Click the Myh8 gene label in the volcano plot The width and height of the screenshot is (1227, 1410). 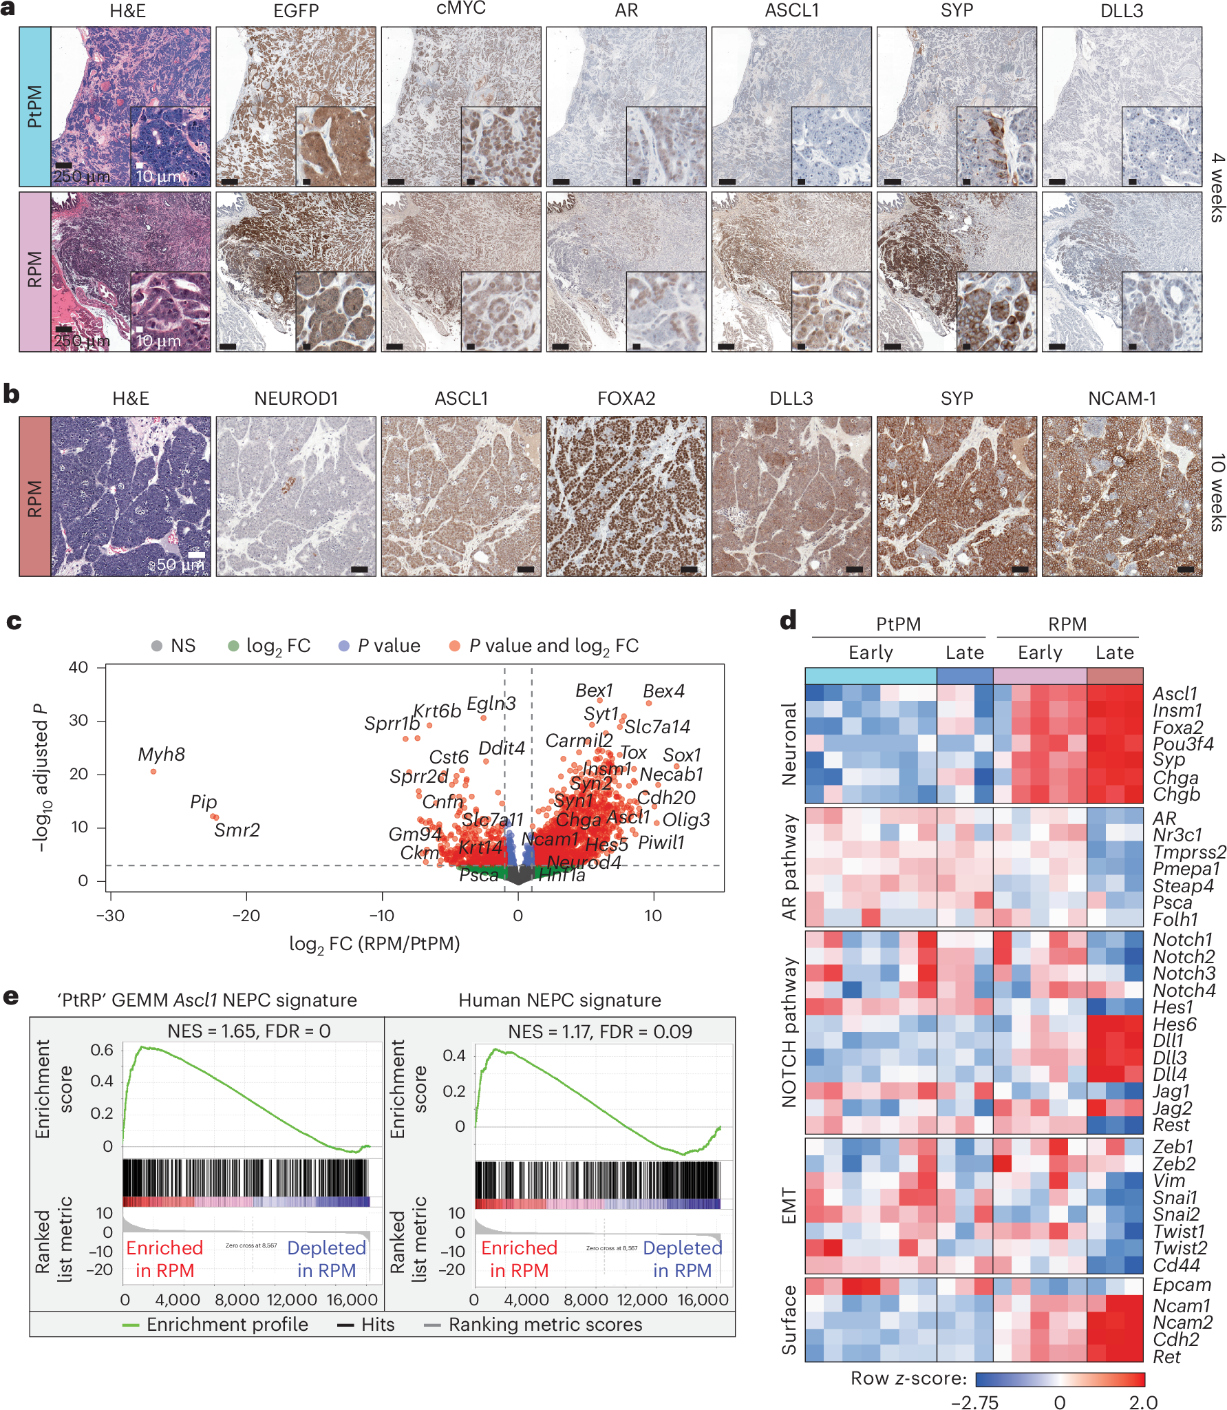[161, 755]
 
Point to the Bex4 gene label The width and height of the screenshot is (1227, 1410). [663, 691]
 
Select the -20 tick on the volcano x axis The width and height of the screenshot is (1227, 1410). [246, 916]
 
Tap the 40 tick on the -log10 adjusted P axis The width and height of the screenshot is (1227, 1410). [78, 667]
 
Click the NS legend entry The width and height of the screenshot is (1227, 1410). [174, 646]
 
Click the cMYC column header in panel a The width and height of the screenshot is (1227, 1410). [460, 9]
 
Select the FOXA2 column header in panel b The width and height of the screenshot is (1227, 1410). [626, 399]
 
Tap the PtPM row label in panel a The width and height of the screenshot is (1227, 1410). [34, 107]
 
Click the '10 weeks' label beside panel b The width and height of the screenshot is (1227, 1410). [1217, 492]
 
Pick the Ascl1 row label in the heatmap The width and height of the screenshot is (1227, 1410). [1175, 693]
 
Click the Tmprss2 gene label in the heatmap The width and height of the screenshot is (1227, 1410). [1189, 852]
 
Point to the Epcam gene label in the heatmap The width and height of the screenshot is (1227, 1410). [1182, 1285]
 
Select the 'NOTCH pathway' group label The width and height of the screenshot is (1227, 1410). [789, 1033]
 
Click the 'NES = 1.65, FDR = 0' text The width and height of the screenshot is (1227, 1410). [249, 1031]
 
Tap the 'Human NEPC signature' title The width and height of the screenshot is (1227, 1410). [559, 1000]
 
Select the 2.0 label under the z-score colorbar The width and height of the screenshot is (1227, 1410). [1143, 1402]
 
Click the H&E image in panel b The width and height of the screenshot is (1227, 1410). [131, 496]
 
